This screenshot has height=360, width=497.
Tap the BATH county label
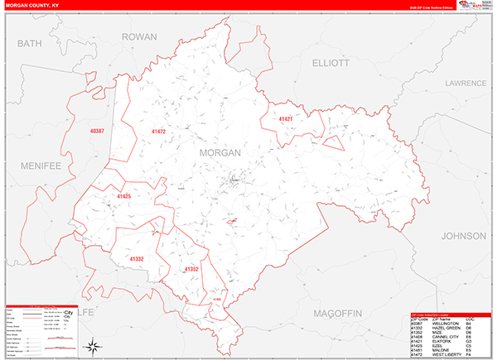(29, 43)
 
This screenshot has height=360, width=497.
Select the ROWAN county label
(138, 37)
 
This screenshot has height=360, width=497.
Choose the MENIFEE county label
(38, 166)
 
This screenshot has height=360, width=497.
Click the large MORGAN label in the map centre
(220, 153)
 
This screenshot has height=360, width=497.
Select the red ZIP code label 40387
(99, 131)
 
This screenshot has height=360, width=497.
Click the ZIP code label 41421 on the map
(286, 119)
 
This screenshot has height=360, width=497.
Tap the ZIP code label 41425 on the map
(124, 196)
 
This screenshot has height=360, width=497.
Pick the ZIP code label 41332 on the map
(137, 259)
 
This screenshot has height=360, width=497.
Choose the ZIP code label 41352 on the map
(191, 269)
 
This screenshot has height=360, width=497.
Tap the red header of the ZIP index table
(451, 314)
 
